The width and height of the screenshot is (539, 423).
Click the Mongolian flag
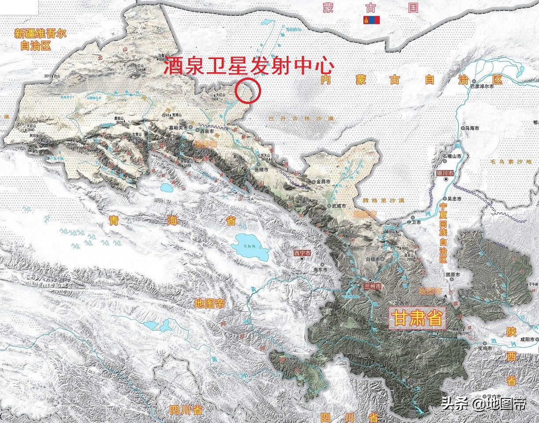[x=371, y=20]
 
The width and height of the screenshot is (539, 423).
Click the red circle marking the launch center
[x=248, y=90]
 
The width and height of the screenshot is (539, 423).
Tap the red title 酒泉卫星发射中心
[x=248, y=67]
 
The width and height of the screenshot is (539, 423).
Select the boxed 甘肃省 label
[x=417, y=318]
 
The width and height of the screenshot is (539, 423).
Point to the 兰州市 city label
[x=371, y=286]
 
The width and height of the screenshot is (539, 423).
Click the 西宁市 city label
[x=302, y=253]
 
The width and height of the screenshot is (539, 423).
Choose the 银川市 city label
[x=444, y=173]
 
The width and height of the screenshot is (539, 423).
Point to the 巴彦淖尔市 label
[x=487, y=86]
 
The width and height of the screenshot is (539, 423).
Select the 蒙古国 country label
[x=370, y=7]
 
